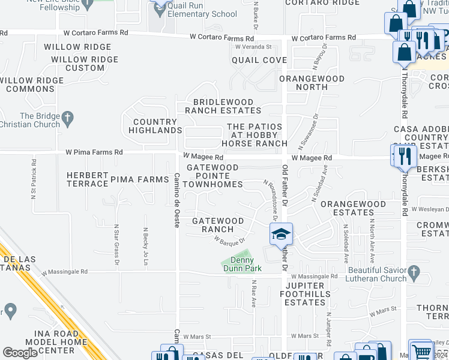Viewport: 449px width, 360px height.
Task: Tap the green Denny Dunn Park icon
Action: tap(228, 262)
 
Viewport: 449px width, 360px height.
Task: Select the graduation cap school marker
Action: tap(280, 234)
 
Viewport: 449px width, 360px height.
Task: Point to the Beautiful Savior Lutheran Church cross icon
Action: tap(414, 274)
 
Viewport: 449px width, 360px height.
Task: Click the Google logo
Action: tap(20, 353)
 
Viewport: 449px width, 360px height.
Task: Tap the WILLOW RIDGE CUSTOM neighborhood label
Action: tap(78, 64)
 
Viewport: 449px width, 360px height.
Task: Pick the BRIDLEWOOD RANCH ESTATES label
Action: tap(223, 106)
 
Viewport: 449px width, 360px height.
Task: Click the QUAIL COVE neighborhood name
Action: tap(259, 60)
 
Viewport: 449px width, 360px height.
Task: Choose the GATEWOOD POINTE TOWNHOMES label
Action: tap(212, 176)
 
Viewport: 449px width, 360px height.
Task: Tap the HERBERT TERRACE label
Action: tap(88, 179)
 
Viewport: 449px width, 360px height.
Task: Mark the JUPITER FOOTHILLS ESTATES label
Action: tap(305, 294)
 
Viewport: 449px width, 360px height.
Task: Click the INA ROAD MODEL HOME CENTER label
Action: tap(47, 342)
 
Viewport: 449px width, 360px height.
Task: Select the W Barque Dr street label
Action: tap(231, 240)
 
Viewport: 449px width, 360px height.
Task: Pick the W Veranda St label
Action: tap(253, 46)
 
